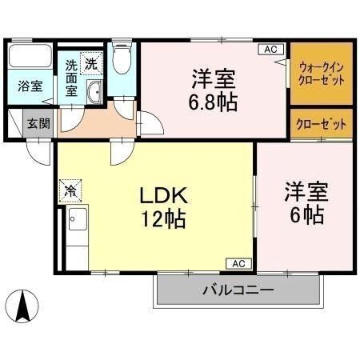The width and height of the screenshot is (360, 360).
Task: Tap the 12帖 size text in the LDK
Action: pos(164,218)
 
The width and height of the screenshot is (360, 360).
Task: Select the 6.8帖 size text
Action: pos(212,102)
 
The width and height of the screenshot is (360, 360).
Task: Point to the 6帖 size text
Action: pos(305,214)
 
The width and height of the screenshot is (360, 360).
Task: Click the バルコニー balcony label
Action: pos(238,290)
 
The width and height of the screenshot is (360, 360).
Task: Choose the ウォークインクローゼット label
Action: pos(322,74)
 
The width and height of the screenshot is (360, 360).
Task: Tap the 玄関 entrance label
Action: pos(35,124)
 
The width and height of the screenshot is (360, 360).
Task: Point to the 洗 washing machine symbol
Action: pos(92,62)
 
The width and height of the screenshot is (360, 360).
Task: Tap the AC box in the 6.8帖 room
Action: pos(270,50)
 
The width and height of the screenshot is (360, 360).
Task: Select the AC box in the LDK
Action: pos(238,262)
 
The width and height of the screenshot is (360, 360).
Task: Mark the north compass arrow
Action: pos(23,306)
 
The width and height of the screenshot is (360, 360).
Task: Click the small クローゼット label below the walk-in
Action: pos(322,124)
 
